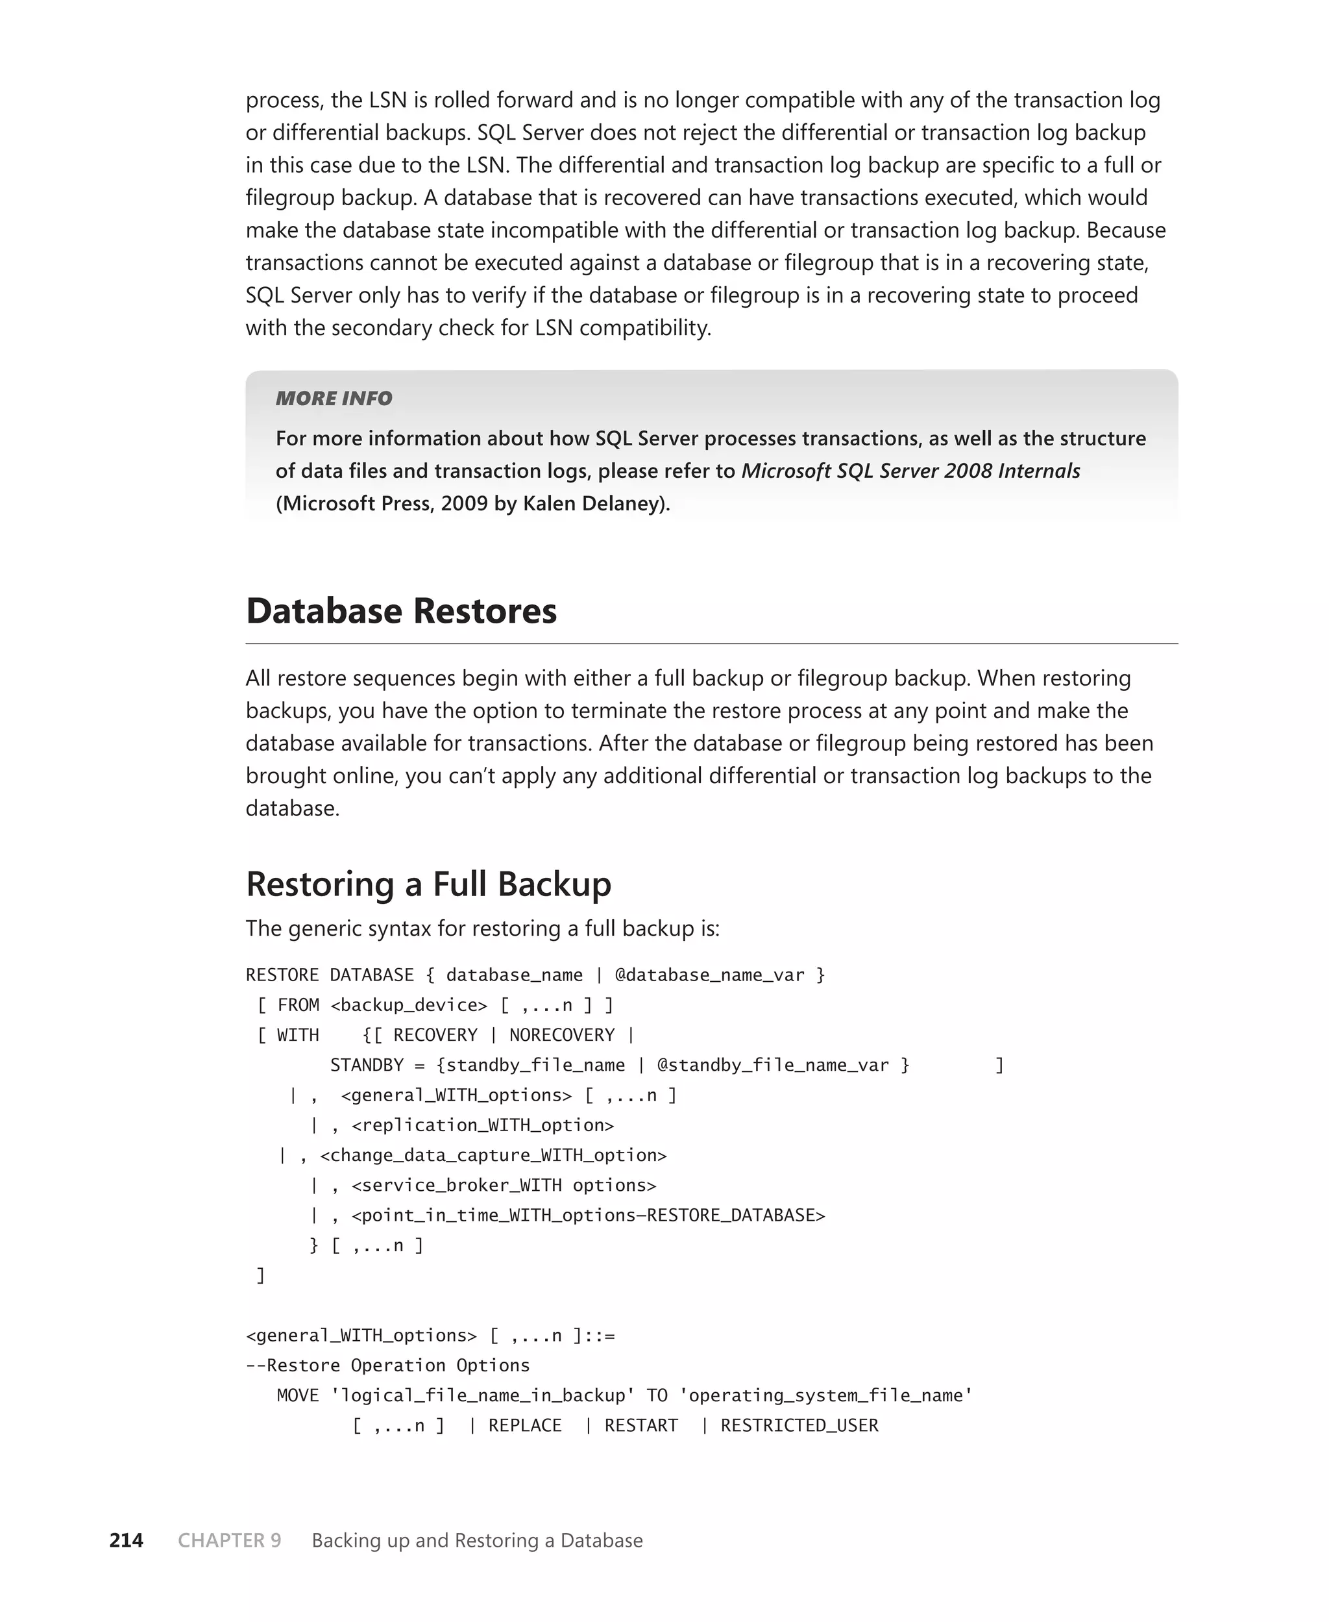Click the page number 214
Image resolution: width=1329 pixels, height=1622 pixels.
click(127, 1540)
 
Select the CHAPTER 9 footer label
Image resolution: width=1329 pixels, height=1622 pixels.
click(230, 1540)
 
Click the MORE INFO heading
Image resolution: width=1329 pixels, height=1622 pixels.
click(334, 398)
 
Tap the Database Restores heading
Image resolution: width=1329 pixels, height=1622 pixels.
click(401, 610)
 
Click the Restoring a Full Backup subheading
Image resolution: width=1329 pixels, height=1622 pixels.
click(428, 884)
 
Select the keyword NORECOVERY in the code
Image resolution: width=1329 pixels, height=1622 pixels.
click(562, 1034)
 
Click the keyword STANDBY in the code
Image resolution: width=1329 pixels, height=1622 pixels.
click(367, 1064)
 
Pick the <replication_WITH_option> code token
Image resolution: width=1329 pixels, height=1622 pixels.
click(482, 1125)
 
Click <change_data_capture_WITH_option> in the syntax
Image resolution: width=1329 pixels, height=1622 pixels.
click(493, 1155)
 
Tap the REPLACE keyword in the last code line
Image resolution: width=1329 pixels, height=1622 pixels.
click(525, 1425)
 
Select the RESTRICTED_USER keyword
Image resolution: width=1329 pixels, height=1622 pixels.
click(799, 1425)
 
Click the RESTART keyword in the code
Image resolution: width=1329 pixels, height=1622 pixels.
click(640, 1425)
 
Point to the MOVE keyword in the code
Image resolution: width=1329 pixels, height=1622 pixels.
click(298, 1395)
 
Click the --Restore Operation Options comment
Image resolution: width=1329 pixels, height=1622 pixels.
click(387, 1366)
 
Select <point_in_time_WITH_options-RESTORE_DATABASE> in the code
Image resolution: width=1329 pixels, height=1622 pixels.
click(588, 1216)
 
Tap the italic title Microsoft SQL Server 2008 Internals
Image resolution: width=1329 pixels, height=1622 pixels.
click(910, 470)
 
